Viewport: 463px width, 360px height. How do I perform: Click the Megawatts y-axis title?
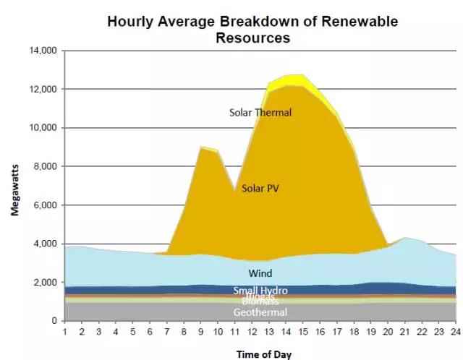click(x=15, y=186)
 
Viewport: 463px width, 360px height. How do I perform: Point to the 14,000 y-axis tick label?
click(x=42, y=51)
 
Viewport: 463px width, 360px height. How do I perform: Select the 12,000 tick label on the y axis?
click(x=42, y=90)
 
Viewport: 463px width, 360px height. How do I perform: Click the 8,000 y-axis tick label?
click(x=45, y=167)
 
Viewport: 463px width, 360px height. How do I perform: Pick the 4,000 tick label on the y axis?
click(x=45, y=244)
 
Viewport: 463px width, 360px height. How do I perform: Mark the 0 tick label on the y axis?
click(x=54, y=321)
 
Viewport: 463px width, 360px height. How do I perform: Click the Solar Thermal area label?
click(x=260, y=113)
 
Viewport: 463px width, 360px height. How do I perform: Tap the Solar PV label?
click(x=260, y=188)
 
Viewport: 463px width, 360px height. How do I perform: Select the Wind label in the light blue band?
click(x=260, y=274)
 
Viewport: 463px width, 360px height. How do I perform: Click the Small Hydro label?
click(x=260, y=291)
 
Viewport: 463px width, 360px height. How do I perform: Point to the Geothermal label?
click(x=260, y=312)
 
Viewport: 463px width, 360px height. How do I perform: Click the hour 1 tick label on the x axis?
click(x=64, y=332)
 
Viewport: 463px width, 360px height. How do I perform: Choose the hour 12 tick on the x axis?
click(x=252, y=332)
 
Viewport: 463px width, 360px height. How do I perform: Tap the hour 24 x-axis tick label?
click(x=456, y=332)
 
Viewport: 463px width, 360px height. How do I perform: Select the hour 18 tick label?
click(x=354, y=332)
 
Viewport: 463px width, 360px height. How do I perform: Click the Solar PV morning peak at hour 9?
click(x=201, y=148)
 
